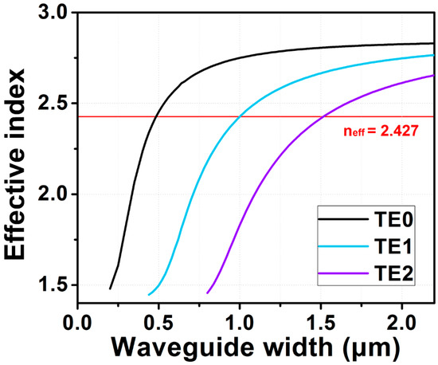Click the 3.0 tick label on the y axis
point(54,13)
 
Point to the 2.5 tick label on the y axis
point(54,104)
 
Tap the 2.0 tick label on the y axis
point(54,194)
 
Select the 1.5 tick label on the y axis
point(54,285)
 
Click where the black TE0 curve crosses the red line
point(156,116)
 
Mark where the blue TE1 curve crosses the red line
point(239,116)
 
